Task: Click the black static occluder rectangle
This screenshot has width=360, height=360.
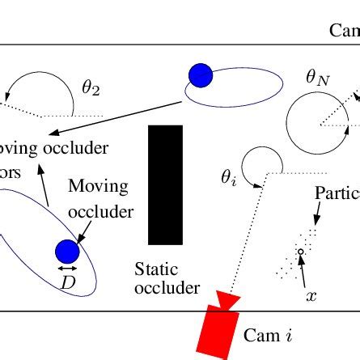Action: [x=165, y=184]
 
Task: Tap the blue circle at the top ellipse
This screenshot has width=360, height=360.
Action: [x=200, y=75]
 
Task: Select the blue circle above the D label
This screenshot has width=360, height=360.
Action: [x=67, y=251]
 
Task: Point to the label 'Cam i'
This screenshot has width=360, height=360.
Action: [x=268, y=334]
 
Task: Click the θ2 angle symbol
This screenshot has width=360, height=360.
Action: [x=91, y=88]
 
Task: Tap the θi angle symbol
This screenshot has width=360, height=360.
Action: [x=229, y=179]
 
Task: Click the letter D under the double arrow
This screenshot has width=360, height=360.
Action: [x=67, y=282]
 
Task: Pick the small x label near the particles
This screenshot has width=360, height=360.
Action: [x=311, y=296]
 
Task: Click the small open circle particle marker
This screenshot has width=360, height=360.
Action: [x=300, y=252]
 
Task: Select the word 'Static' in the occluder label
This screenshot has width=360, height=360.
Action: [x=156, y=269]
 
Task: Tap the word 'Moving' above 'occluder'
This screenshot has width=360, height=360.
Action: [x=98, y=186]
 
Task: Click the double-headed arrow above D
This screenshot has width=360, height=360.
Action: [x=67, y=268]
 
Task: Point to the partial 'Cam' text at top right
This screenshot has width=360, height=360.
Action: [x=344, y=31]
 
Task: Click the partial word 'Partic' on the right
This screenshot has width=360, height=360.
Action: [x=336, y=194]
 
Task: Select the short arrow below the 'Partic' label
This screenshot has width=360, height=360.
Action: [x=317, y=213]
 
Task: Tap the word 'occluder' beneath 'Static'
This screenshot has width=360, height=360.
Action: [x=167, y=288]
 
